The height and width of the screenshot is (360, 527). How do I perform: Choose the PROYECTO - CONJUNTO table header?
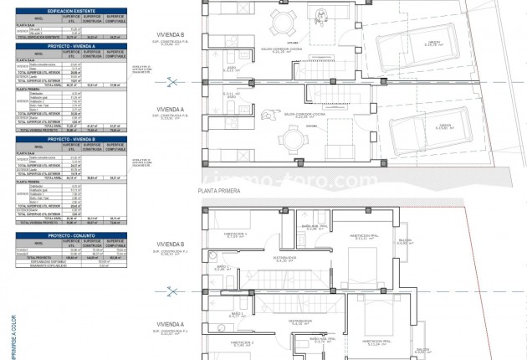70,235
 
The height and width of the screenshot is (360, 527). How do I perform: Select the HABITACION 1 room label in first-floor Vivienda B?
233,234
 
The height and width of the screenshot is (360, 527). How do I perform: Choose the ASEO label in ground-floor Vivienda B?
233,69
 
